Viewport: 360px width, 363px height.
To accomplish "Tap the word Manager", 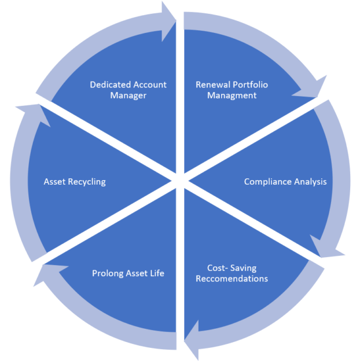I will tap(128, 95).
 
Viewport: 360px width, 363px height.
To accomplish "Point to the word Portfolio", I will tap(251, 85).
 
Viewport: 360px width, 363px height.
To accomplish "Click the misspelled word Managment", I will tap(232, 95).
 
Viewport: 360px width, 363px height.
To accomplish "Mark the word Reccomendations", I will tap(232, 278).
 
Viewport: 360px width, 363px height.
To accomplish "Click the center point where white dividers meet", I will tap(179, 182).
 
